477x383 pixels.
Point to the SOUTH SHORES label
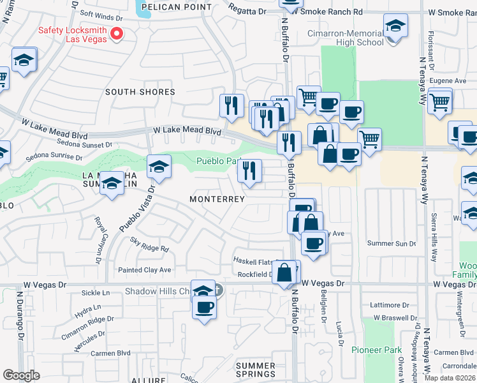140,92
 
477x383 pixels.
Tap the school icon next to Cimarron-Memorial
395,27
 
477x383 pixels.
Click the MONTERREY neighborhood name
217,199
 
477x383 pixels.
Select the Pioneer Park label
376,350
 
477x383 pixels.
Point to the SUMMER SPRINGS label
256,370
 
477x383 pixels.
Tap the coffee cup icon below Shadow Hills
204,307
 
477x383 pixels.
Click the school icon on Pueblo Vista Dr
159,168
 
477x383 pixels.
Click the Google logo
21,375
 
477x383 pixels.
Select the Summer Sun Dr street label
392,244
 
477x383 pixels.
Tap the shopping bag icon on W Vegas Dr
287,272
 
